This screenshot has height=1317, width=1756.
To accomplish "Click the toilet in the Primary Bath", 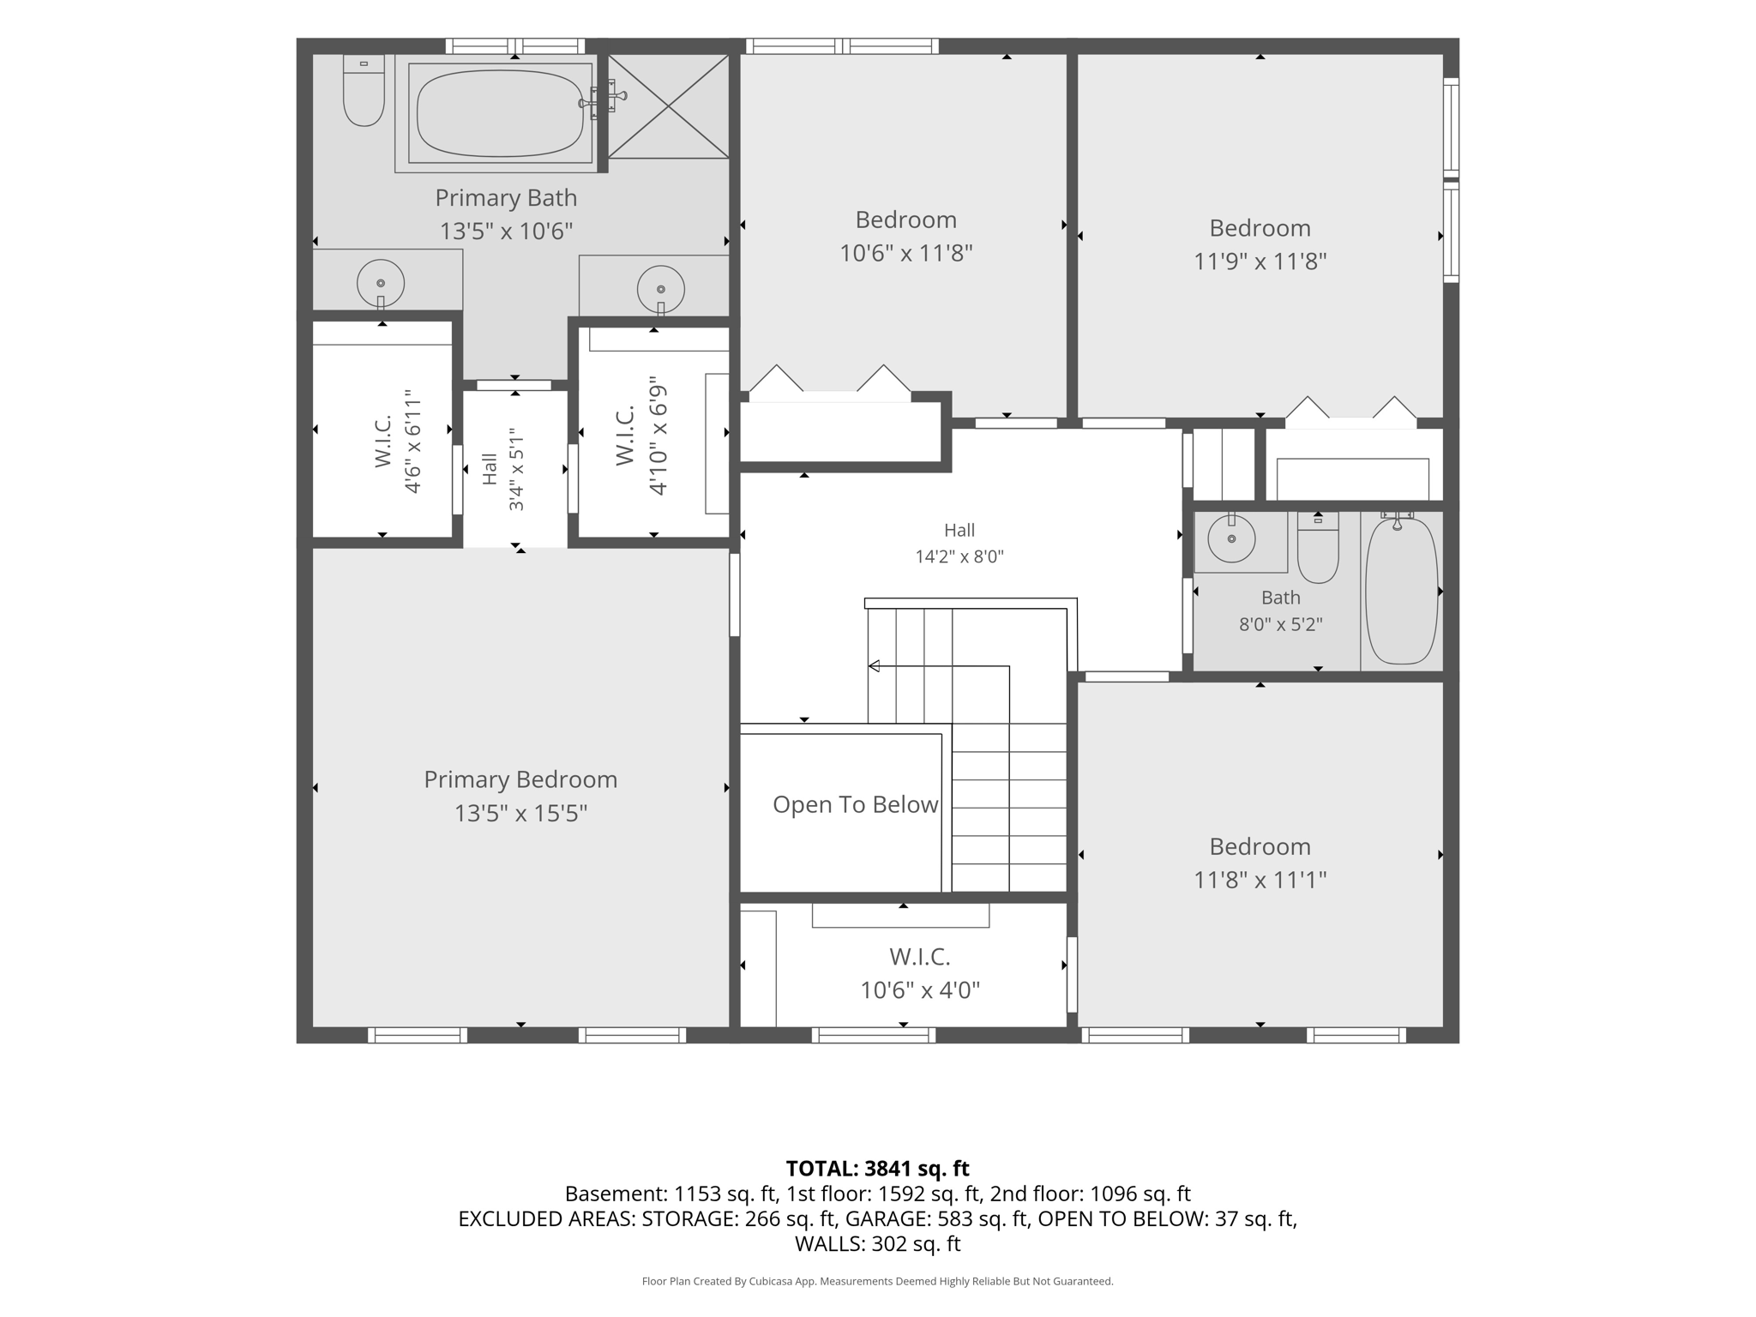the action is click(x=364, y=90).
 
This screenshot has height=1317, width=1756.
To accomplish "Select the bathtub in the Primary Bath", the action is click(x=501, y=113).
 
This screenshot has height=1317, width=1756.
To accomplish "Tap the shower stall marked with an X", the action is click(x=668, y=106).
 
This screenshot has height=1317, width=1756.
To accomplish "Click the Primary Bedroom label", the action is click(x=520, y=779).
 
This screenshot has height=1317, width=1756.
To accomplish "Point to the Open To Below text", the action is click(x=855, y=804).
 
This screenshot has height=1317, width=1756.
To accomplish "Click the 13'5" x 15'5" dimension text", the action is click(x=520, y=813).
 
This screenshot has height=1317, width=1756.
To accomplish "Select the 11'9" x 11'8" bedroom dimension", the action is click(x=1260, y=262).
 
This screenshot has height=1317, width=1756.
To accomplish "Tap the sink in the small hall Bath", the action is click(x=1231, y=538).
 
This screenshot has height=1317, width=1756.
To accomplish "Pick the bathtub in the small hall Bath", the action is click(x=1401, y=590).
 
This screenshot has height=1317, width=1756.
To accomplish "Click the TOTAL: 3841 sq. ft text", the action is click(x=877, y=1169).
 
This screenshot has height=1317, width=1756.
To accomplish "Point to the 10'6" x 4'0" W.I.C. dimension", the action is click(x=920, y=990).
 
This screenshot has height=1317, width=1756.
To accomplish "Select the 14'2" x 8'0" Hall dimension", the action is click(x=959, y=556).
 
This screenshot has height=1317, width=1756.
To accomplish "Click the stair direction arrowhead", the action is click(x=874, y=666).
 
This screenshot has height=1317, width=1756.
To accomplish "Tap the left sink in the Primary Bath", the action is click(x=381, y=283).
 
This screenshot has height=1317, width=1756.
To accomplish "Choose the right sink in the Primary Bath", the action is click(x=661, y=289).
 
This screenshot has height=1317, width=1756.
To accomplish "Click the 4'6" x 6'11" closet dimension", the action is click(x=412, y=442).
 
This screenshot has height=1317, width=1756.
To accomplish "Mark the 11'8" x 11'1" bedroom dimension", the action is click(x=1260, y=880).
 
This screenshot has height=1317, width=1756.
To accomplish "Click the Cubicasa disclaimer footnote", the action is click(x=877, y=1282).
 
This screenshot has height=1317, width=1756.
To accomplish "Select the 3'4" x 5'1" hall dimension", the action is click(x=516, y=469).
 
